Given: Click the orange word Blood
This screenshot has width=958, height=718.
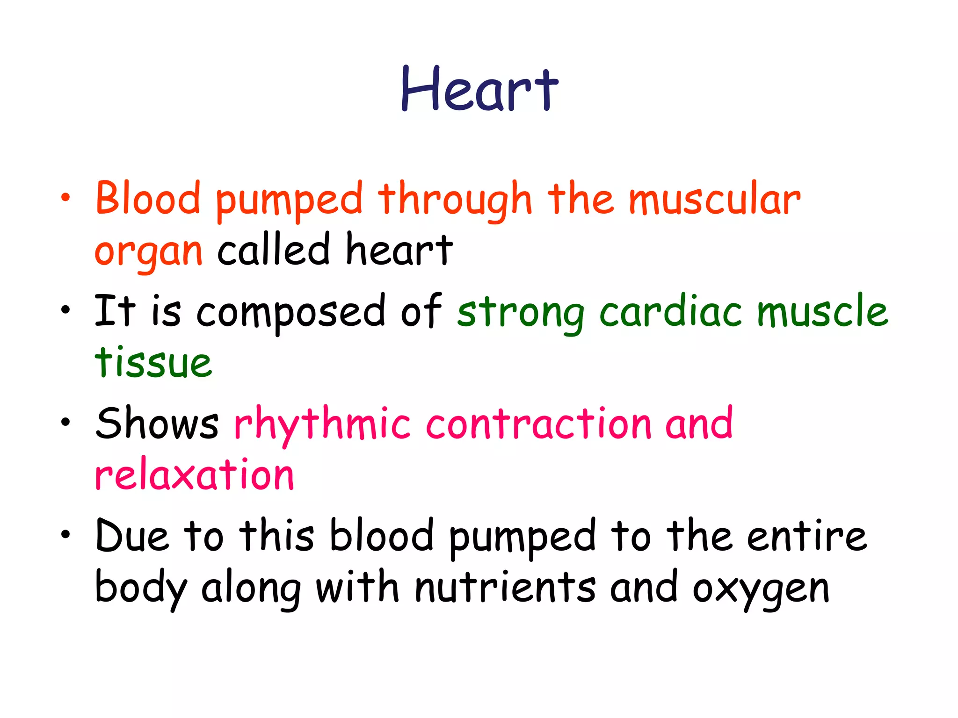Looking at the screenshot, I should (148, 199).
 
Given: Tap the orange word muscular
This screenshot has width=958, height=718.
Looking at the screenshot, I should (714, 200).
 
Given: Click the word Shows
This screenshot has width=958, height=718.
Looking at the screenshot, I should (157, 423).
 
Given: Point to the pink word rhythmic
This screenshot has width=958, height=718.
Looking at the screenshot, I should (322, 424).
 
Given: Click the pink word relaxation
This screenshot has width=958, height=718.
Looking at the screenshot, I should (195, 474).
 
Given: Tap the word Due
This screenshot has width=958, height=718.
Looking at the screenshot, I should (131, 536).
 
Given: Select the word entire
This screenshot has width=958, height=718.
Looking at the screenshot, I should (807, 536).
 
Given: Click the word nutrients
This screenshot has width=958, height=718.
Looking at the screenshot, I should (505, 588).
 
